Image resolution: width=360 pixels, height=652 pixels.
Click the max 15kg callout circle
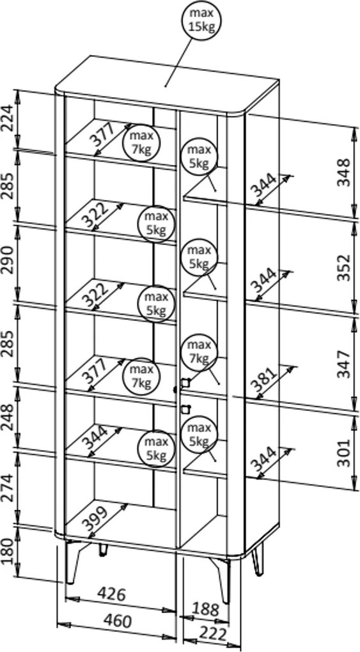[201, 20]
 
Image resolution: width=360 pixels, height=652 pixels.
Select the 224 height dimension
[8, 118]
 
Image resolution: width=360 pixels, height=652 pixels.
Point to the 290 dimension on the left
[8, 261]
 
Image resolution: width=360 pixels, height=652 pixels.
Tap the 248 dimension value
[8, 417]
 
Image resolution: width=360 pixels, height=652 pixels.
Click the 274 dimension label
[8, 486]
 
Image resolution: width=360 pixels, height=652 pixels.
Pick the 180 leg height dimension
[8, 550]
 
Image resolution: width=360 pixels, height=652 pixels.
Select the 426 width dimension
[111, 594]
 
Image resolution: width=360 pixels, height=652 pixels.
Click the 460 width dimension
[117, 621]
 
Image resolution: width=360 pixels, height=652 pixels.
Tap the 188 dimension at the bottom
[205, 610]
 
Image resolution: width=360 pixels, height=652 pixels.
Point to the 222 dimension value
[213, 634]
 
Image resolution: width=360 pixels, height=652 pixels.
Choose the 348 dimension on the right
[344, 172]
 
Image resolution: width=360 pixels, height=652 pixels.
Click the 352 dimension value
[344, 268]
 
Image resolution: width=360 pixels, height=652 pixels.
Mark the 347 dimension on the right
[344, 364]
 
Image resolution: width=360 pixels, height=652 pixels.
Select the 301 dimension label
[344, 453]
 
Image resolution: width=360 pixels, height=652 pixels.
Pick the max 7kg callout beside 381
[199, 352]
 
